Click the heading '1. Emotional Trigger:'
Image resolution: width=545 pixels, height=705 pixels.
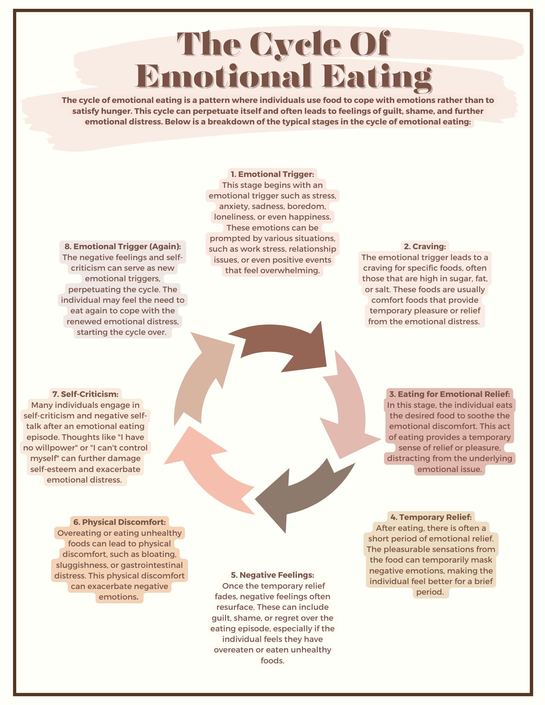pos(272,174)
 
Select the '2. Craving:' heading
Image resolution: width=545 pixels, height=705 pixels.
pos(425,246)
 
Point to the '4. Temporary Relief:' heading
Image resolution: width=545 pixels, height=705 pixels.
pos(431,517)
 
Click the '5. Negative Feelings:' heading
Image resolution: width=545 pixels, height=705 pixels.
pos(272,575)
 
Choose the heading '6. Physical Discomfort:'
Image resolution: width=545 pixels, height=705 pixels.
pos(120,522)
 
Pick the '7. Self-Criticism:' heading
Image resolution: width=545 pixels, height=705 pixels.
pos(85,394)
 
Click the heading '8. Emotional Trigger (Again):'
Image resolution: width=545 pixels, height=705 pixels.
pos(123,246)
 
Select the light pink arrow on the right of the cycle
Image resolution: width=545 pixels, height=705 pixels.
pos(349,405)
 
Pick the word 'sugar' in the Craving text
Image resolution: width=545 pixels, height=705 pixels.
pos(460,279)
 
